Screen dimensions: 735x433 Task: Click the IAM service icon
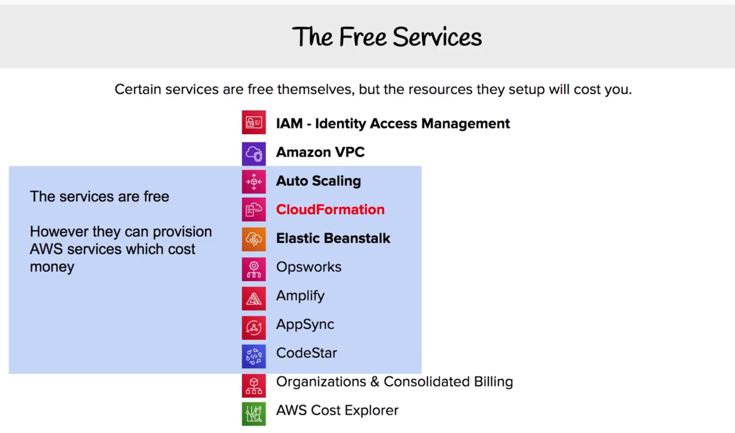(254, 122)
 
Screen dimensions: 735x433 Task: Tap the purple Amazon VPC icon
(254, 153)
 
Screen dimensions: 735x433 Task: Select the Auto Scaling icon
(254, 182)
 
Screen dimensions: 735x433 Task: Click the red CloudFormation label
(330, 210)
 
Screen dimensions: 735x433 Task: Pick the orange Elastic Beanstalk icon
(254, 239)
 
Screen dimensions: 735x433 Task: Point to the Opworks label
(308, 267)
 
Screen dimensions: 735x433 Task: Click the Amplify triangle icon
(254, 299)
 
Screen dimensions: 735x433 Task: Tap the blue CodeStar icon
(254, 356)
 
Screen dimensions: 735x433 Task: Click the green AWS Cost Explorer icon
(254, 414)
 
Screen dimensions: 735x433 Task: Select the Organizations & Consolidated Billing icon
(254, 385)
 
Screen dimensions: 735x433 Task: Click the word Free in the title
(363, 37)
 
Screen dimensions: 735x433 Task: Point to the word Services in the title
(437, 37)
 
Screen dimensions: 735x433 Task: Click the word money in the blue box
(52, 267)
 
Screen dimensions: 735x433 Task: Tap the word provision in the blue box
(182, 232)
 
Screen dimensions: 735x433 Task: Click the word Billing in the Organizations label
(493, 382)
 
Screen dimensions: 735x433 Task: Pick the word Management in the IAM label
(465, 124)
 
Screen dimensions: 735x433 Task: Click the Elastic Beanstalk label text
(333, 238)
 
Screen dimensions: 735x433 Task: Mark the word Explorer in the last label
(371, 411)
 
